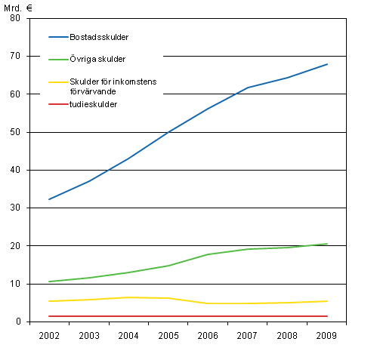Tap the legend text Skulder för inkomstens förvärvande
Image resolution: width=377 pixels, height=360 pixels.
pos(113,86)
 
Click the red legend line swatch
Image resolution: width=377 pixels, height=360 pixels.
pos(59,103)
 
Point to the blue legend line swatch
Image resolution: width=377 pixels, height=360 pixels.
pos(59,36)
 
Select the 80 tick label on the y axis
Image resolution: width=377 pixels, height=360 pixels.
pos(15,18)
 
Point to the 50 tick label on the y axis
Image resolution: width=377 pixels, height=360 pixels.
pos(15,132)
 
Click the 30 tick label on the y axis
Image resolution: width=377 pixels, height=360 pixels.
pos(15,208)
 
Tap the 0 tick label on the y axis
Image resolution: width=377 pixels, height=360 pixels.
pos(17,322)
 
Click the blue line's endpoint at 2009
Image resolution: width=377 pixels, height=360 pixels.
pos(327,64)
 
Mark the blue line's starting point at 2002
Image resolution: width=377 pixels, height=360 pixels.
pos(49,199)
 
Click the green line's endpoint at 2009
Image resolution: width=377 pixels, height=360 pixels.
pos(327,244)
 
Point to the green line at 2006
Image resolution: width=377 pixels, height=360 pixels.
pos(209,254)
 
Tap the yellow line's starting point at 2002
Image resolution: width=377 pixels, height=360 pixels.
pos(49,301)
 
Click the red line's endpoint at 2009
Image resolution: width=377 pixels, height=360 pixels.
pos(327,316)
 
